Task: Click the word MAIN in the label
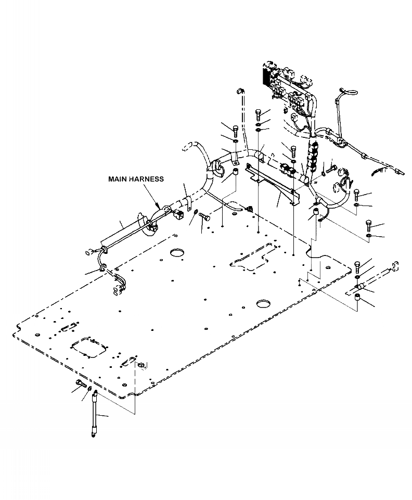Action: [118, 179]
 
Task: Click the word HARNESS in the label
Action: [147, 179]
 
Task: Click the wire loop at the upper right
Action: [345, 93]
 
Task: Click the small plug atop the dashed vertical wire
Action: [241, 91]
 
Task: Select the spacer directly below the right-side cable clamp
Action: [358, 298]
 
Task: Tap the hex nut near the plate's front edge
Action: [140, 364]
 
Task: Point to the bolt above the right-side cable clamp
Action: [358, 266]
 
